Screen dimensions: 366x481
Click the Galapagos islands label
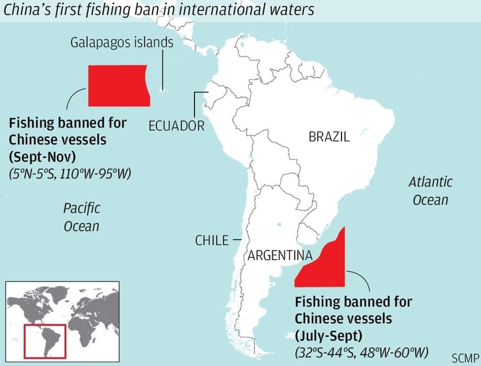[x=122, y=43]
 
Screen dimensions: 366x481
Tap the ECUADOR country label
[x=176, y=125]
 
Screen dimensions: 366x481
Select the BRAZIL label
[x=329, y=137]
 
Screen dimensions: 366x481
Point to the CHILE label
[x=212, y=241]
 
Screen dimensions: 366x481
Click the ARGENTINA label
[x=280, y=256]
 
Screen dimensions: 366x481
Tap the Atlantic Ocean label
[x=430, y=190]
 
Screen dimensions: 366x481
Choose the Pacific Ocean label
[x=82, y=217]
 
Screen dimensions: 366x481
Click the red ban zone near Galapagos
[x=118, y=86]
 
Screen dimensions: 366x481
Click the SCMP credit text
[x=465, y=358]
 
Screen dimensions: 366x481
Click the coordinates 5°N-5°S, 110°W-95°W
[x=70, y=173]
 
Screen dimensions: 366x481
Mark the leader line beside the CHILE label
[x=237, y=240]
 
